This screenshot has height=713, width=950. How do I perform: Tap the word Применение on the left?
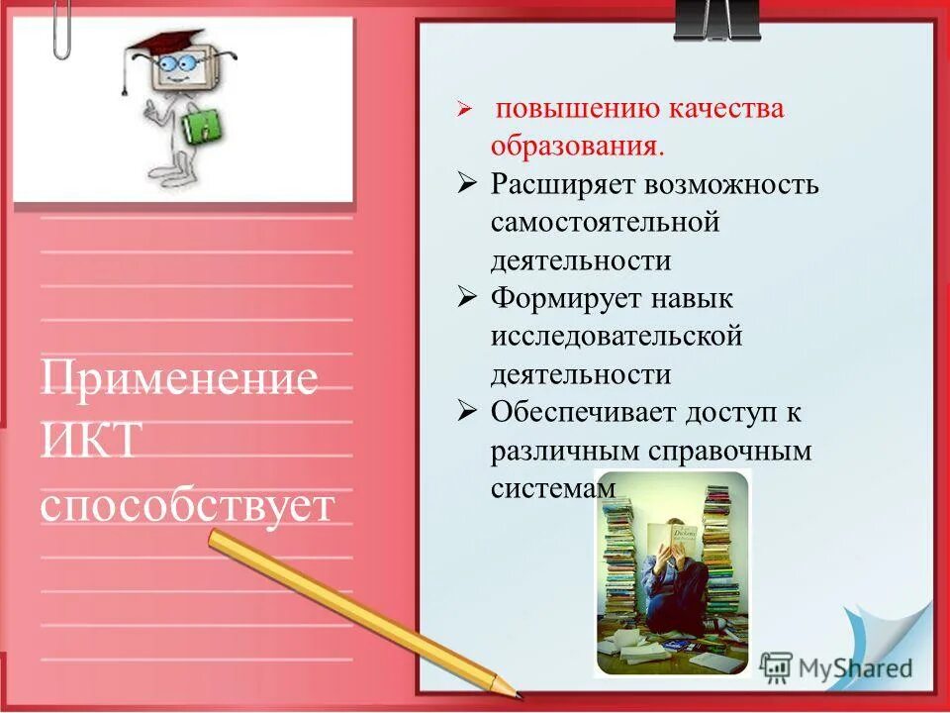(179, 379)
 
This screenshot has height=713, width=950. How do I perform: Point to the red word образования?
(577, 147)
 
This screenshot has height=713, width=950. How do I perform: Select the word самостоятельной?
(605, 223)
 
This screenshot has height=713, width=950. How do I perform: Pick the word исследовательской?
(617, 337)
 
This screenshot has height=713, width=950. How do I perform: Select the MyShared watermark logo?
(836, 665)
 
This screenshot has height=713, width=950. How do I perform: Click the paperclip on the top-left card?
(61, 28)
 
